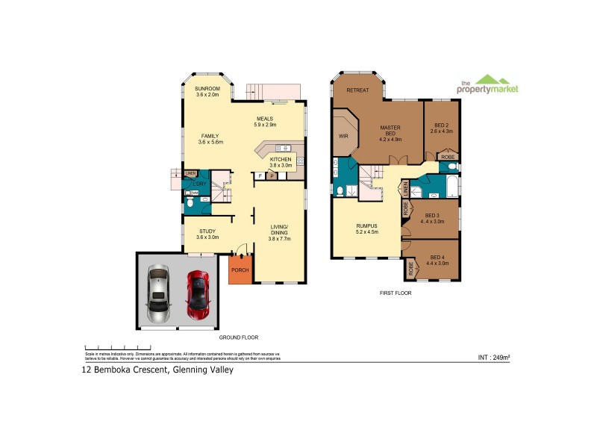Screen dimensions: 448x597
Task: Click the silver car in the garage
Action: click(159, 294)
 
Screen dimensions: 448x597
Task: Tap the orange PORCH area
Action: click(240, 270)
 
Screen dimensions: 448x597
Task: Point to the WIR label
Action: click(343, 137)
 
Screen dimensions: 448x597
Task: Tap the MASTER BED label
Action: click(390, 133)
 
